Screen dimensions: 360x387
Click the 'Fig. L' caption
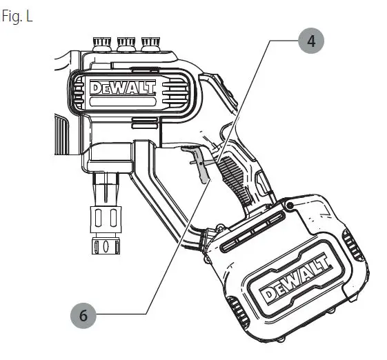tap(17, 16)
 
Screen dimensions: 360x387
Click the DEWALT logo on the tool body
tap(123, 88)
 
